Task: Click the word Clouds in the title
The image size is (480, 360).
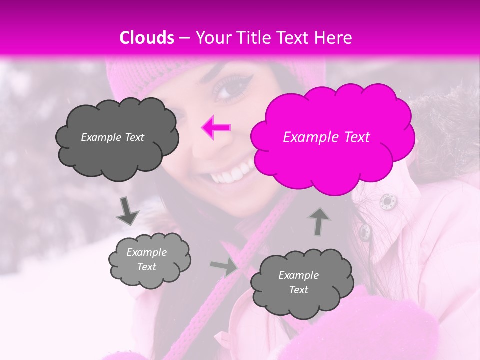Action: (x=147, y=38)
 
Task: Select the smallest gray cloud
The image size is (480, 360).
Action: (x=149, y=260)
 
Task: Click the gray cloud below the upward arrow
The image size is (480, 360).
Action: (x=298, y=283)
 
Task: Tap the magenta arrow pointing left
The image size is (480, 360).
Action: (x=216, y=128)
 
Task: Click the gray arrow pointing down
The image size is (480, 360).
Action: (x=127, y=211)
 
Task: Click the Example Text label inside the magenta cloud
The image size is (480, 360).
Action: (x=326, y=137)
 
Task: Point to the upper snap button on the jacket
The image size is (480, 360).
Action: (x=386, y=201)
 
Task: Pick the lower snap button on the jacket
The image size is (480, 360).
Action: (x=365, y=231)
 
